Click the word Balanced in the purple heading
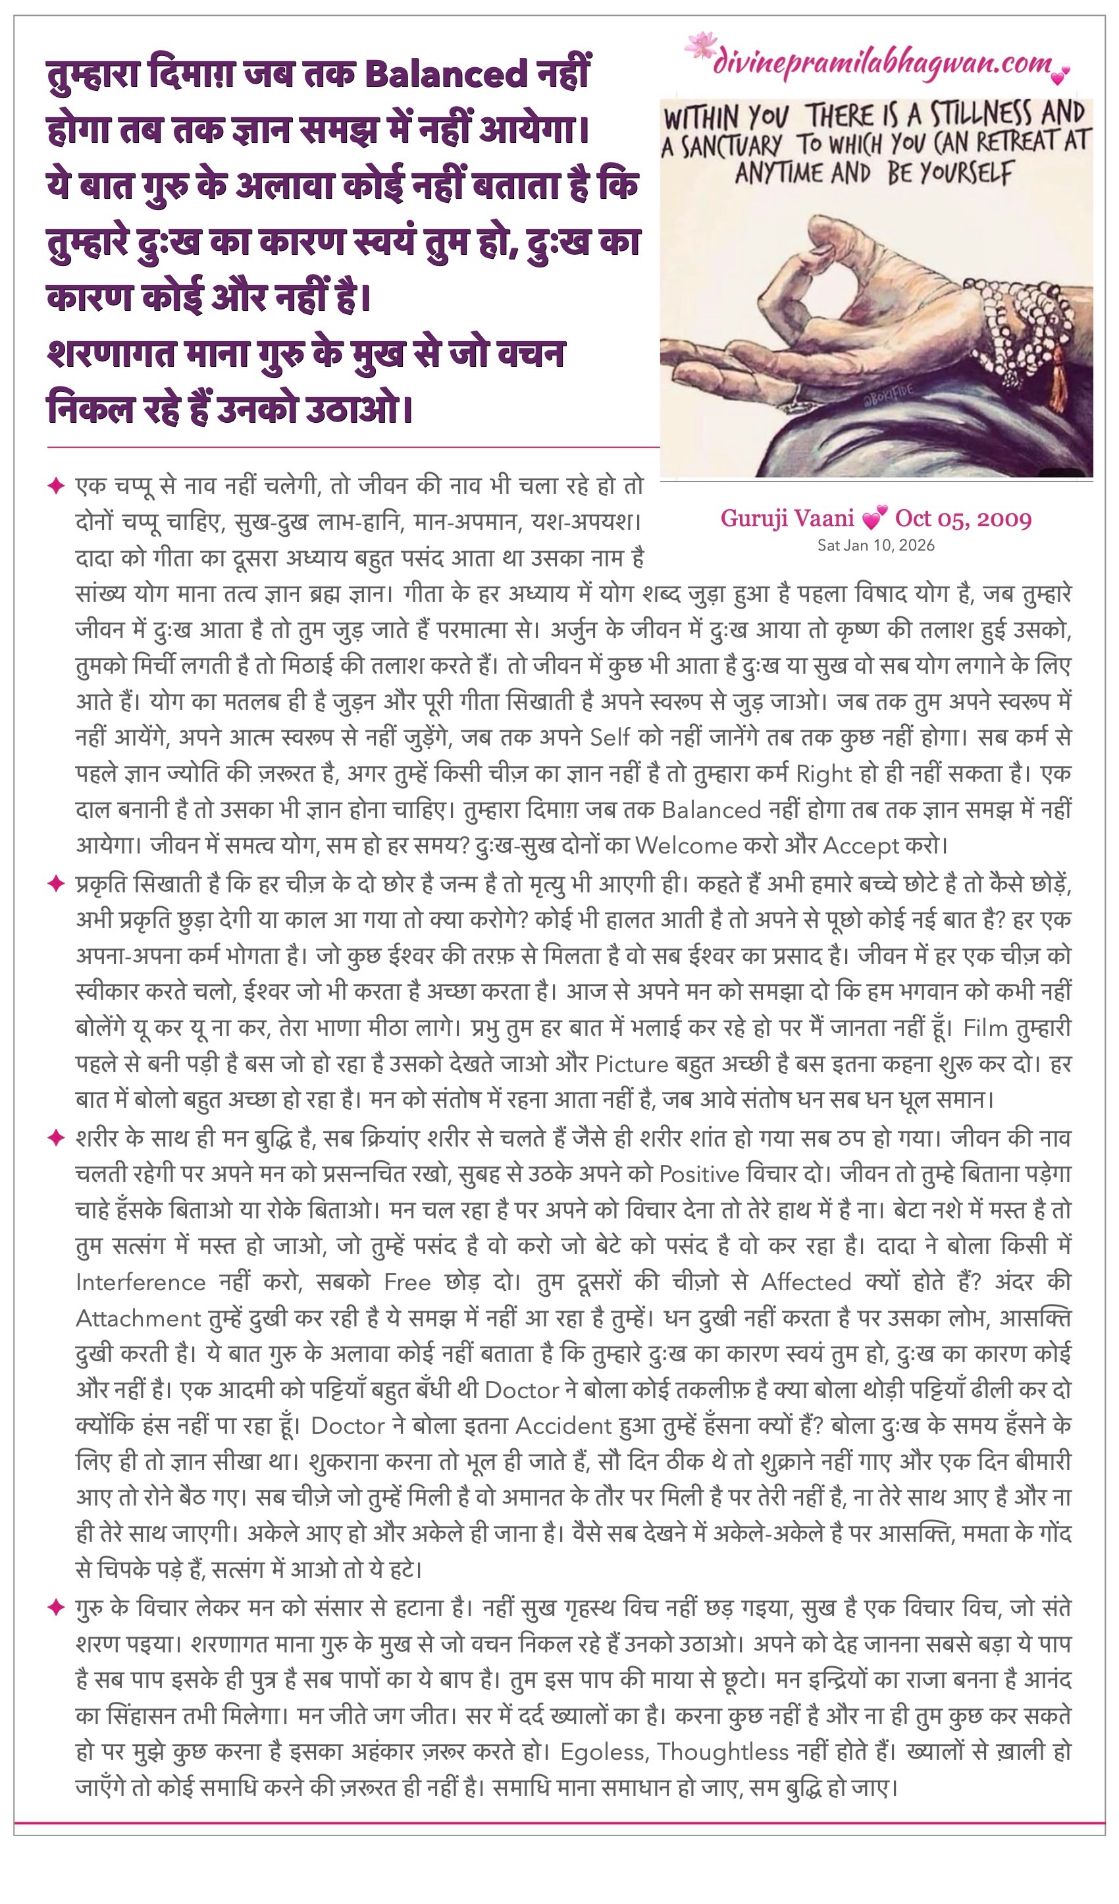click(446, 74)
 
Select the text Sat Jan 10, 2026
click(876, 545)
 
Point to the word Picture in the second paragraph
click(632, 1064)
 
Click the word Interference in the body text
click(140, 1282)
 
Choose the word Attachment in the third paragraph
click(138, 1319)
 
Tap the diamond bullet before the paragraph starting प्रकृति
click(56, 883)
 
